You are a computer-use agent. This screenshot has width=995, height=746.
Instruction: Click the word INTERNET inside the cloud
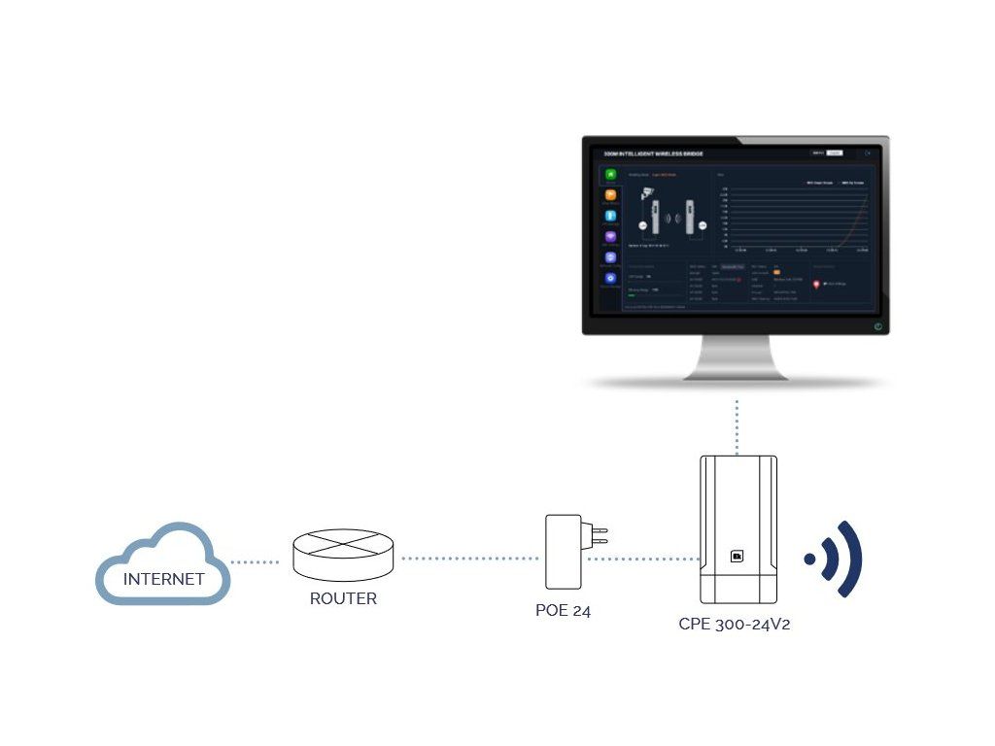163,579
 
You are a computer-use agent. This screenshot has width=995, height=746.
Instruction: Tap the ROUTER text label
343,598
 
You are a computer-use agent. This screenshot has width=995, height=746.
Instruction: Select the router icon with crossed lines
344,551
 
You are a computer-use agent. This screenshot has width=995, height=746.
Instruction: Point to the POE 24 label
563,611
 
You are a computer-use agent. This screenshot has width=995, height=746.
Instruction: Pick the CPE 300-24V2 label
734,624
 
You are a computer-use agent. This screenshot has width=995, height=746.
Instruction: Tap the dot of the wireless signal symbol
809,559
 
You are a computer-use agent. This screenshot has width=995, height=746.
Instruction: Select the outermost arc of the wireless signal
849,559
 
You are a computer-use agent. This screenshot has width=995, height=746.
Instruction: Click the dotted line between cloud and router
256,561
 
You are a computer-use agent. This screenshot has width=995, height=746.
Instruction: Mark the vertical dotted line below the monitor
738,424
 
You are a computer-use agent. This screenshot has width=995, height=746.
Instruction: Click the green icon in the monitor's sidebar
610,175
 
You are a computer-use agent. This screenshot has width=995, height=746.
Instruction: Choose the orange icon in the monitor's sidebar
610,195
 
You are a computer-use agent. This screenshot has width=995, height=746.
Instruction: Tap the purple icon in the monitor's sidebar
610,236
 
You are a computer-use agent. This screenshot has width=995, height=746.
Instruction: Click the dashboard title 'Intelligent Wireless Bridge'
653,153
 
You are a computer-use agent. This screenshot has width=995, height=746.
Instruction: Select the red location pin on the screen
816,284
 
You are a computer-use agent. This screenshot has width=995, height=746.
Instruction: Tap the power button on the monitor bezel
877,326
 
